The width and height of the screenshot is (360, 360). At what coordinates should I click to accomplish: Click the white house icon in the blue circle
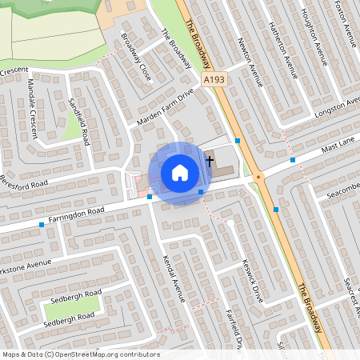179,172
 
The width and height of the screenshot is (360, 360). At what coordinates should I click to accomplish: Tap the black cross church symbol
210,160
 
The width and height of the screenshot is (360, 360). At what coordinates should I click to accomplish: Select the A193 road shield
214,80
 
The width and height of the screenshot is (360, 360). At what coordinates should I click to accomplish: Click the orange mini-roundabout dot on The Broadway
258,178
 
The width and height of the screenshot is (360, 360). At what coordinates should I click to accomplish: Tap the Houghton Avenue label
314,36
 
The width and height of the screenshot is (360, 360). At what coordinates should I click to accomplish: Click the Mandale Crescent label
32,108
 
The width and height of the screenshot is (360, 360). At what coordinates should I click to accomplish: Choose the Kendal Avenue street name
174,278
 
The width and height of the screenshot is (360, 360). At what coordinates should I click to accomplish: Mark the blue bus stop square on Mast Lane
293,160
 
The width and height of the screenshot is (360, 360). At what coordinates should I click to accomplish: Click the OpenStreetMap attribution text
81,354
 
